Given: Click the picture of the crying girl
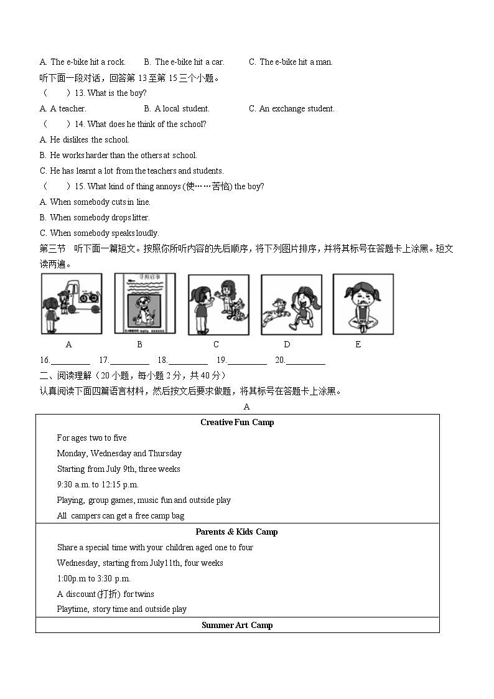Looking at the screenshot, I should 363,304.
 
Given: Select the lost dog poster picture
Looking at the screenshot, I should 144,304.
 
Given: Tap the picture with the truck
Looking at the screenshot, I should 71,304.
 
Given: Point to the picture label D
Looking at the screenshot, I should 287,344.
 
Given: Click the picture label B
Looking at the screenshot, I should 139,344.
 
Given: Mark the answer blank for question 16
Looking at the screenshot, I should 70,361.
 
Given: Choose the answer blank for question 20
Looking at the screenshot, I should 305,361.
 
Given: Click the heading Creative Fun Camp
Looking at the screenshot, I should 237,422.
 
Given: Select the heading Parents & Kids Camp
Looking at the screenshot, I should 237,532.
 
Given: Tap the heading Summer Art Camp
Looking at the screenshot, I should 237,625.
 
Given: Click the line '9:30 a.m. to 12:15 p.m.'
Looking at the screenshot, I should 98,484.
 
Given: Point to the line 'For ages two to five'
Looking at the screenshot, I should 91,438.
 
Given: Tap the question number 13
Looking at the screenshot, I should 80,93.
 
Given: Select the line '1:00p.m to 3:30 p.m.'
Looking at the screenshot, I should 94,578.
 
